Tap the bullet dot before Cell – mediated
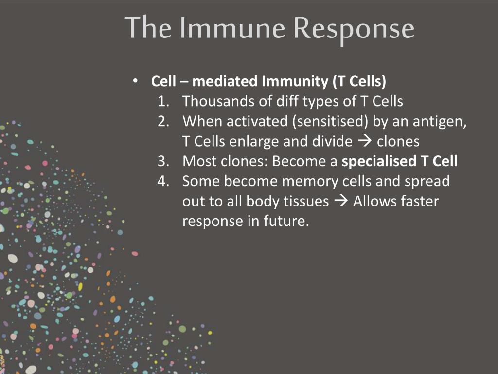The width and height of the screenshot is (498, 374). (136, 81)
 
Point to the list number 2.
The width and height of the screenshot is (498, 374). (163, 121)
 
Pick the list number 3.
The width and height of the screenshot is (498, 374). (163, 161)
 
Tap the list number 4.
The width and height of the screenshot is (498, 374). (163, 181)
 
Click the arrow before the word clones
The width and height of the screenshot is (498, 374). (365, 141)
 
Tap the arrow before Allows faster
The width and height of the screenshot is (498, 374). (341, 201)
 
